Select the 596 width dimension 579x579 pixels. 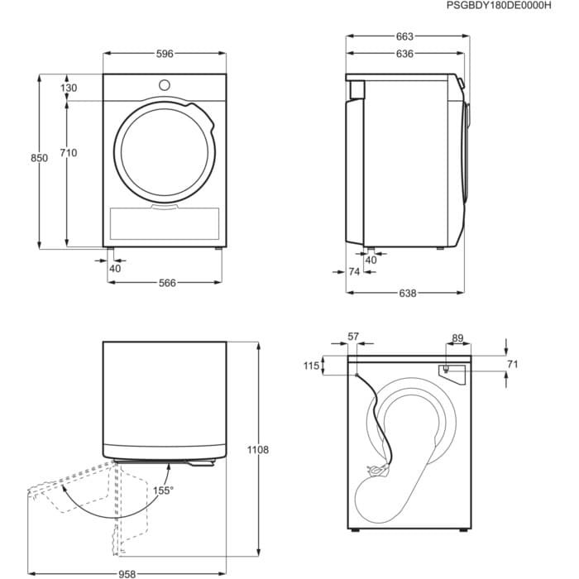point(165,54)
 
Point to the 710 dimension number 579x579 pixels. point(68,152)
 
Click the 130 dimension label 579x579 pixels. point(68,88)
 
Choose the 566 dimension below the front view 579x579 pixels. point(168,283)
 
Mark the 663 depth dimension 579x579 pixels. point(404,36)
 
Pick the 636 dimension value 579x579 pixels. point(404,54)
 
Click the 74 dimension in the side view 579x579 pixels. point(354,271)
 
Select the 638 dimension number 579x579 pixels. point(408,293)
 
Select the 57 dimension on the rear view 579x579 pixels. point(353,337)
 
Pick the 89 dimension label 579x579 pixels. point(458,337)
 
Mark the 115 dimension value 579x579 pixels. point(311,366)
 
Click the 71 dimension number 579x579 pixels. point(512,364)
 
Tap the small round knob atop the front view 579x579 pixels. point(164,84)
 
